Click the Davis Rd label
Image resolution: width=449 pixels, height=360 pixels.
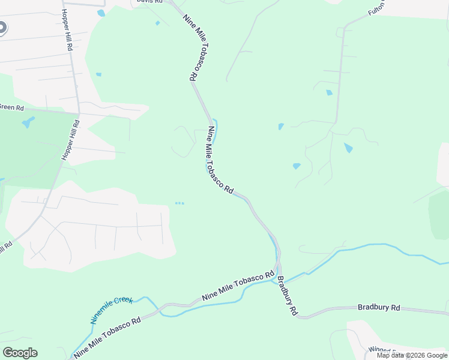coord(149,2)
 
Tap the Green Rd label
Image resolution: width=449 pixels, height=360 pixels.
coord(11,107)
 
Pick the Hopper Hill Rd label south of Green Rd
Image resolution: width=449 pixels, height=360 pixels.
coord(70,139)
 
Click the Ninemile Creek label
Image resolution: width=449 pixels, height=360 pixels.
coord(112,310)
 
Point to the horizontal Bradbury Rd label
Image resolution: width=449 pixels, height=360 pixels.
coord(378,307)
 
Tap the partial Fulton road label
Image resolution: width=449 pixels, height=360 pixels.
coord(376,8)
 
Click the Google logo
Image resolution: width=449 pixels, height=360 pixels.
coord(20,353)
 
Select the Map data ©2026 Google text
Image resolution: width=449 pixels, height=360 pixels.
coord(411,355)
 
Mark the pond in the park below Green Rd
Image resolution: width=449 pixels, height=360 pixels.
coord(28,123)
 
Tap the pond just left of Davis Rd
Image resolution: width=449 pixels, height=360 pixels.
coord(101,13)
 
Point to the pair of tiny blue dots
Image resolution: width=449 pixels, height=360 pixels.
coord(179,203)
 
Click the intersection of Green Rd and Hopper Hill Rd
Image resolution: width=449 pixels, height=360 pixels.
coord(79,112)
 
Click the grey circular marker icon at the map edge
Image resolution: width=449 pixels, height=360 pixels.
coord(2,27)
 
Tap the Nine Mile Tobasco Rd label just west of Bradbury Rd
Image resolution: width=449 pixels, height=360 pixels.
coord(238,286)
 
